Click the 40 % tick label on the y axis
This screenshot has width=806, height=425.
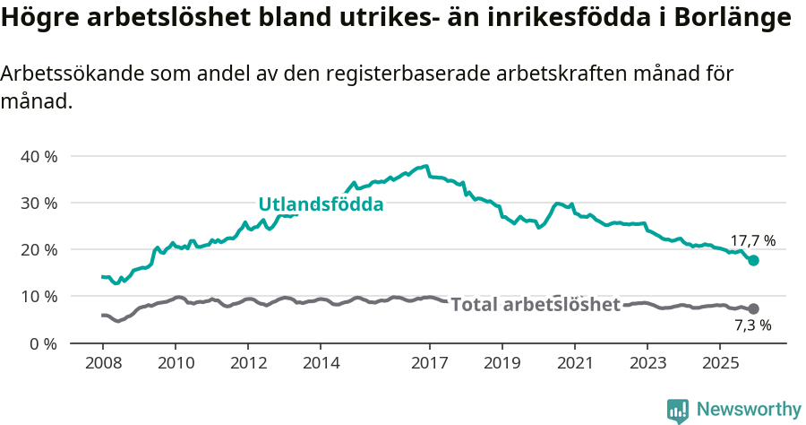coord(39,156)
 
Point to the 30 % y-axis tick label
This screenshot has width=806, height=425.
coord(39,203)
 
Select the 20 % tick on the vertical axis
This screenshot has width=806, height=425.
coord(39,249)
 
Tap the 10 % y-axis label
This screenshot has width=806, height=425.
coord(39,296)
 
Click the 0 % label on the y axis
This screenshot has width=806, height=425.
coord(43,343)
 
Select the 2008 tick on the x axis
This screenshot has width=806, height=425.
coord(102,363)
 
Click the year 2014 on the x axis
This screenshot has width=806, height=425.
coord(322,363)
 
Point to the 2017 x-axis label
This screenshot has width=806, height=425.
coord(429,363)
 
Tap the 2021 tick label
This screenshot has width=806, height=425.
coord(574,363)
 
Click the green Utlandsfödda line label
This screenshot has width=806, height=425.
coord(321,204)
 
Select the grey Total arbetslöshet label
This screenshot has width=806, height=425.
coord(535,305)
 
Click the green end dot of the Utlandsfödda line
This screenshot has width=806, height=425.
coord(754,260)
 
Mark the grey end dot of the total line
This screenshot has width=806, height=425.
coord(754,308)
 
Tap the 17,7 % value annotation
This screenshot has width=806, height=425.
coord(752,241)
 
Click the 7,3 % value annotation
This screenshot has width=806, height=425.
coord(752,325)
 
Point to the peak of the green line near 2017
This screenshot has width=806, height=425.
coord(426,166)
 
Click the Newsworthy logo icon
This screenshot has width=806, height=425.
coord(678,410)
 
